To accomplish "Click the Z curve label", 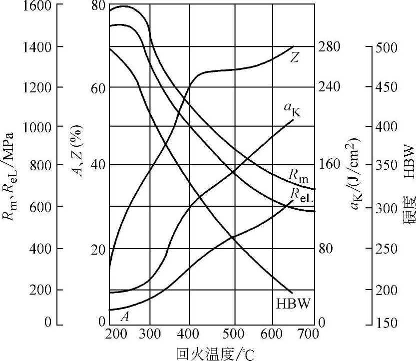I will (x=295, y=58).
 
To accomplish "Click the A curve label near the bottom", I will (x=125, y=316).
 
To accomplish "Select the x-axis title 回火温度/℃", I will (x=215, y=354).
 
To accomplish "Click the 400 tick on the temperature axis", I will (x=189, y=333).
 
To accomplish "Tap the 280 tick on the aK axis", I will (x=329, y=46).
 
